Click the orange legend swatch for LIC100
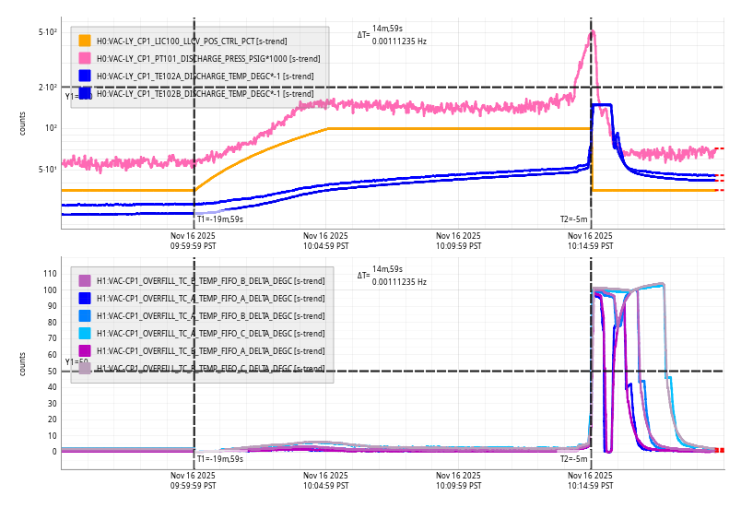85,41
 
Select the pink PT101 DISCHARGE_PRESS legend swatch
85,58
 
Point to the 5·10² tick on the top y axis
48,32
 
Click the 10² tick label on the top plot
51,128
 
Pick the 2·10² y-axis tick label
48,88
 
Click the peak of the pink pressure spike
592,32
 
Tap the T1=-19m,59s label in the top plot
220,219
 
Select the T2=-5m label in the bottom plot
573,458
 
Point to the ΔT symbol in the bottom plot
363,275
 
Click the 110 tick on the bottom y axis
50,274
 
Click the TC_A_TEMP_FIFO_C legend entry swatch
85,334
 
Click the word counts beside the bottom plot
23,364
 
